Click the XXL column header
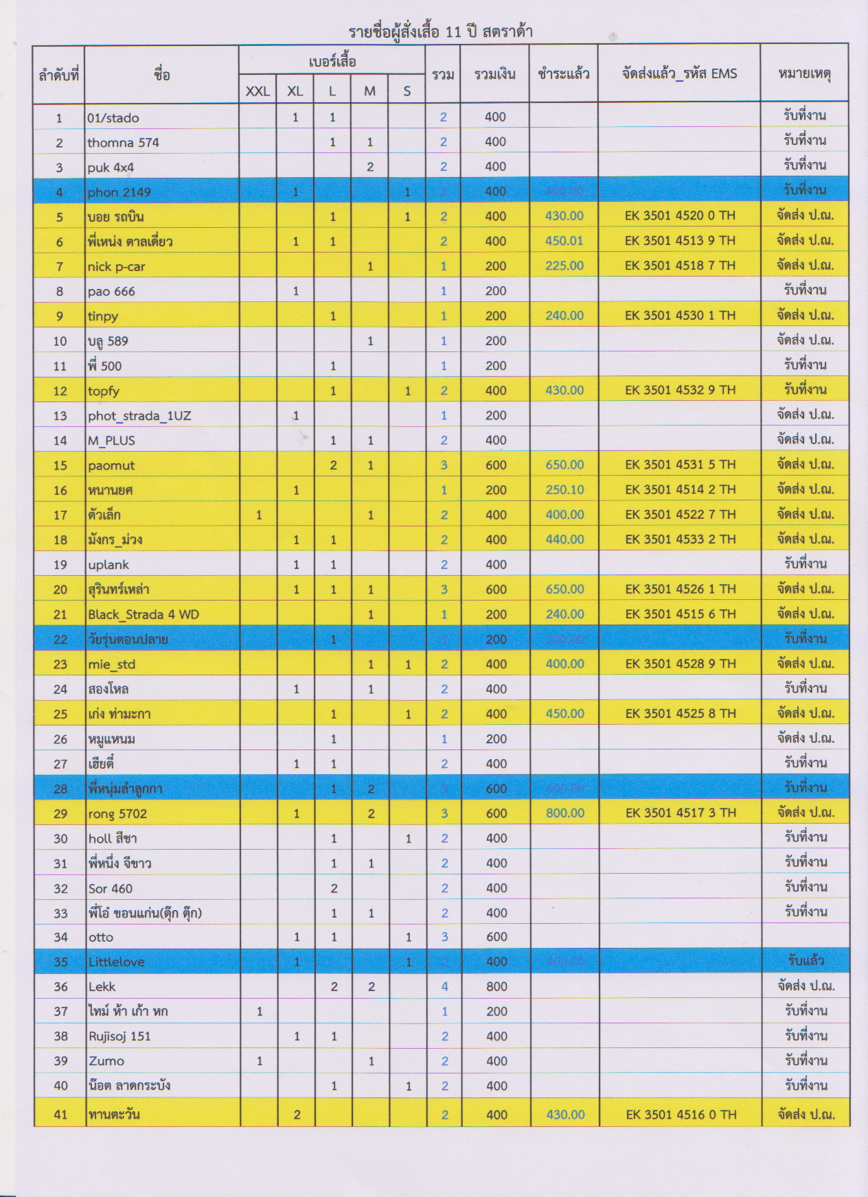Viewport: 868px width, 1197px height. pos(258,91)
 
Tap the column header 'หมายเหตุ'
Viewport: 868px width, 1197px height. pos(804,74)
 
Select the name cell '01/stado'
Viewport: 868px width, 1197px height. pos(113,118)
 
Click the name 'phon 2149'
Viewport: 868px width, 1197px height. pos(119,192)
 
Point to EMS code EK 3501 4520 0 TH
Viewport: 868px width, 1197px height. pos(679,216)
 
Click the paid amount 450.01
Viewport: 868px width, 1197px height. pos(564,240)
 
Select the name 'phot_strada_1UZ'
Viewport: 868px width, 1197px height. pos(139,416)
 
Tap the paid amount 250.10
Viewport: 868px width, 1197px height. pos(564,489)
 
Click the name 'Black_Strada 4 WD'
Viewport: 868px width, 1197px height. pos(144,614)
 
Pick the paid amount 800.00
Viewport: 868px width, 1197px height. pos(565,813)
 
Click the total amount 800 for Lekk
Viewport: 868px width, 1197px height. pos(496,986)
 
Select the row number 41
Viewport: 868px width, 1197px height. pos(60,1115)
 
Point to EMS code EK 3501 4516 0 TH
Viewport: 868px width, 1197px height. pos(681,1115)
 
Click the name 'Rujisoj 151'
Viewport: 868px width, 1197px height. pos(119,1036)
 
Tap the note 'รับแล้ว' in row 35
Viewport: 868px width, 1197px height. pos(806,961)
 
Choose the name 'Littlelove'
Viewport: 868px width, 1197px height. pos(117,962)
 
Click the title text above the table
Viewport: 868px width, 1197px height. pos(440,32)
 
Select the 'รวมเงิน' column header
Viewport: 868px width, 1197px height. pos(494,74)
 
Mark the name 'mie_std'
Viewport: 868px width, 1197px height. pos(112,664)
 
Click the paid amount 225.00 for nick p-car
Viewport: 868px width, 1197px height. pos(564,266)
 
